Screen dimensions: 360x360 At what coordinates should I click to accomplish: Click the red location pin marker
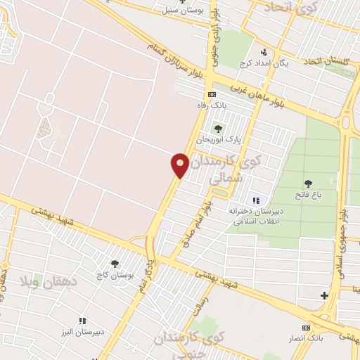(180, 165)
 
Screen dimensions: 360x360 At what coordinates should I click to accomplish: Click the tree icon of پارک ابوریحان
(218, 129)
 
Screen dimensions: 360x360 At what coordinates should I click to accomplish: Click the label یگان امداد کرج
(264, 63)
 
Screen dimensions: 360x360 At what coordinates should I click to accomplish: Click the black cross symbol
(324, 295)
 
